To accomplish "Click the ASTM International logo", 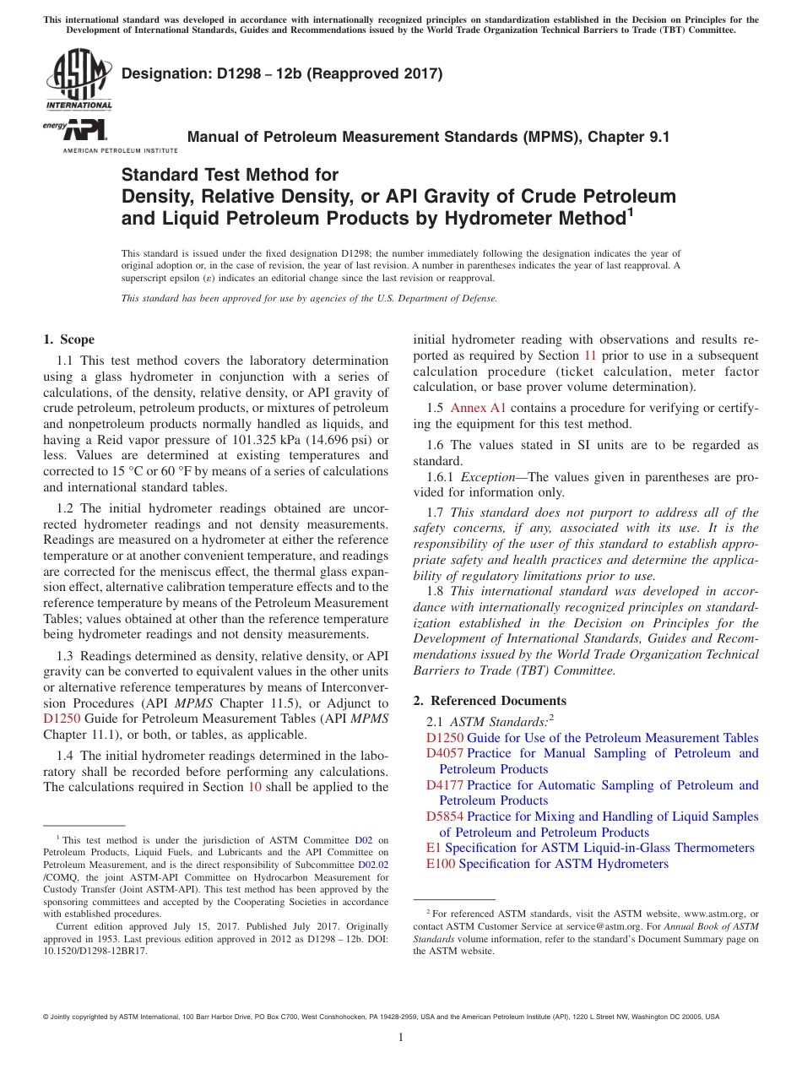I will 79,80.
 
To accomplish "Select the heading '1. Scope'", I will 68,339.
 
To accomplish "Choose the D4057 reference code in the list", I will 445,753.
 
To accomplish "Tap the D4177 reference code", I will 445,785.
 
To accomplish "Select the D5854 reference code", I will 445,816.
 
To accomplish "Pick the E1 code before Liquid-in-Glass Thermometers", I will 434,848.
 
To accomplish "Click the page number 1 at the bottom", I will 401,1038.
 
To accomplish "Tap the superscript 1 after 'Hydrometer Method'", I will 629,214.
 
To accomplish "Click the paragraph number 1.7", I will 435,513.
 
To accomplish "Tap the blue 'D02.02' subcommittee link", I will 373,865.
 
